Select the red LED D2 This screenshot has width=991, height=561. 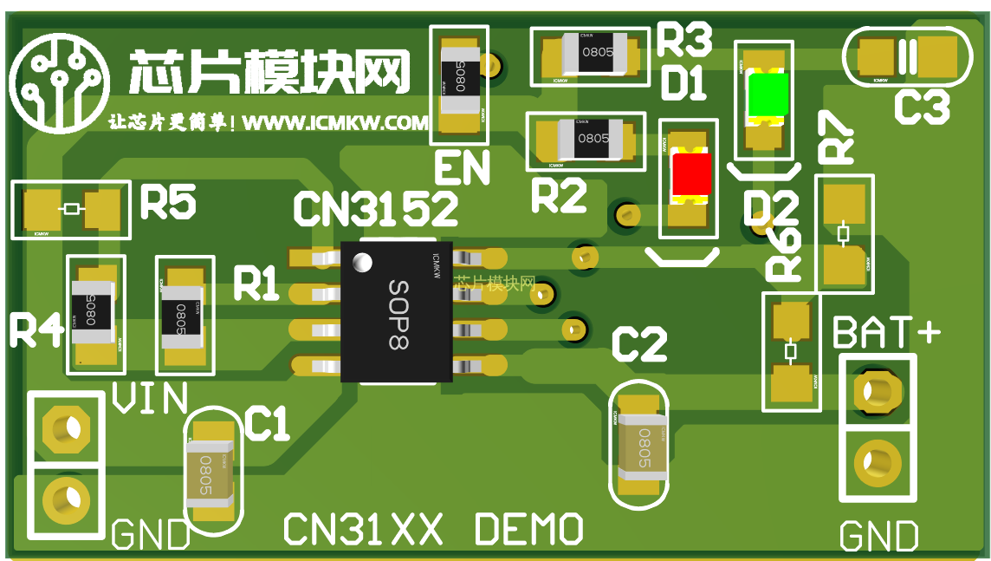coord(690,174)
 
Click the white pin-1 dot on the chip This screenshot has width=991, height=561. coord(362,260)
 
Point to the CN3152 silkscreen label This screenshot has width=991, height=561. coord(375,209)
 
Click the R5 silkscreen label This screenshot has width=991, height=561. coord(168,203)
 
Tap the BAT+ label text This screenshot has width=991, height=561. coord(886,332)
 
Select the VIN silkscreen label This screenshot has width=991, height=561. coord(150,399)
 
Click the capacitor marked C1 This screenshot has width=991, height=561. coord(211,473)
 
